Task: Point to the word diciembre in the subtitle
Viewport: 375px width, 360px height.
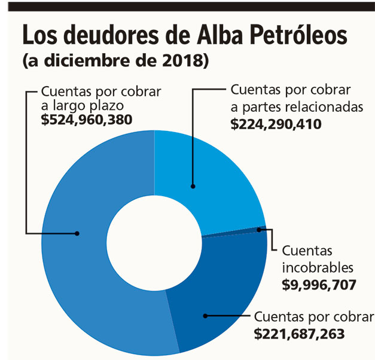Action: [x=86, y=61]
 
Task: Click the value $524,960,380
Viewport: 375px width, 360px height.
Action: [x=87, y=120]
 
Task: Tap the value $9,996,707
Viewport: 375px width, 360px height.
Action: [x=319, y=285]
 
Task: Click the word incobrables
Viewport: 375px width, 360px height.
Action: [x=318, y=267]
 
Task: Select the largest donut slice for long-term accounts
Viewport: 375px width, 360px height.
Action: [x=78, y=251]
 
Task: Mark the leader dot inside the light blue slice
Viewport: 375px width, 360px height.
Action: [x=193, y=185]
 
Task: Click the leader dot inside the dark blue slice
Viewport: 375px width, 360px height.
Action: [x=205, y=315]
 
